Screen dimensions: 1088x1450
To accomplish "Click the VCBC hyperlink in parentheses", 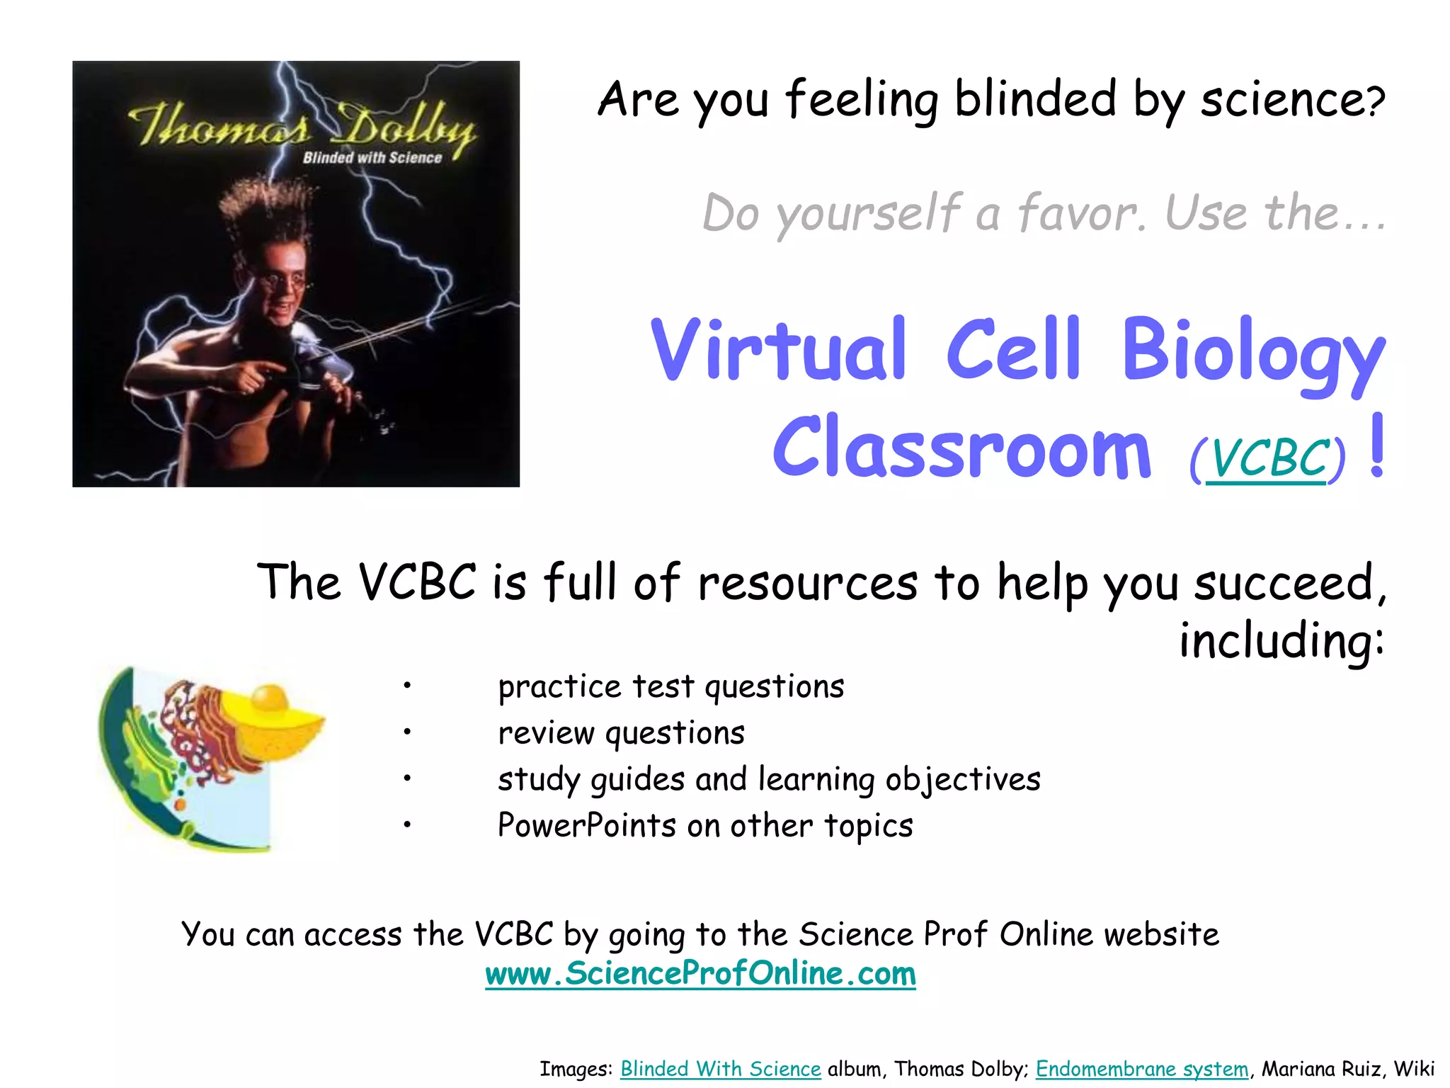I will click(1267, 459).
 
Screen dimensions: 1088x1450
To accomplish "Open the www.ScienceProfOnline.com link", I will click(700, 974).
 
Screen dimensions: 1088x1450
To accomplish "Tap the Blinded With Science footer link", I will click(720, 1069).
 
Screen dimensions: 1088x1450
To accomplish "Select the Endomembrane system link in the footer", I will click(1141, 1069).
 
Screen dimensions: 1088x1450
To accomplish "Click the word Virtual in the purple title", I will click(778, 350).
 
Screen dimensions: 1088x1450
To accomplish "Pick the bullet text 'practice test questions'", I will click(670, 687).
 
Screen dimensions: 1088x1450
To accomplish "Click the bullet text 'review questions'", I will click(621, 733).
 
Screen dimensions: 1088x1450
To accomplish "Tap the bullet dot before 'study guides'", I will click(407, 779).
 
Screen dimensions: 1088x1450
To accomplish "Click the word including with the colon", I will click(1281, 641).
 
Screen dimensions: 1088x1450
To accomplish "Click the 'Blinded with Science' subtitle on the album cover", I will click(372, 158).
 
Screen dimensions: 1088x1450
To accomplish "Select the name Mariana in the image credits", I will click(1297, 1069).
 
